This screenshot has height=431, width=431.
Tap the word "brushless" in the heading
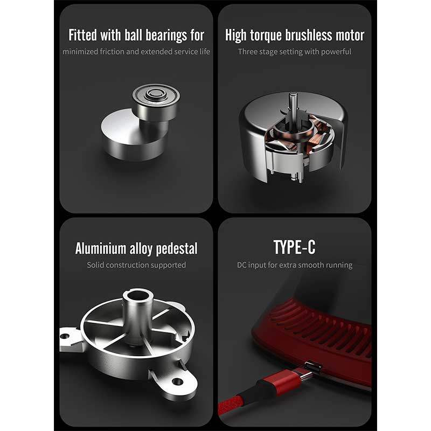point(308,35)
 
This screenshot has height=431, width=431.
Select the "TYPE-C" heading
point(294,247)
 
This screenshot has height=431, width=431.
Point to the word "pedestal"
point(177,249)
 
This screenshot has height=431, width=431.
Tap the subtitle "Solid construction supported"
point(136,265)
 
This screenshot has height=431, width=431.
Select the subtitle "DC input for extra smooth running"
point(295,265)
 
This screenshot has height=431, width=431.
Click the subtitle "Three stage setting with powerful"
point(294,52)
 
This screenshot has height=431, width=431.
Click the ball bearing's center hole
point(156,93)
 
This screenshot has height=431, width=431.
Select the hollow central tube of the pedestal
point(137,311)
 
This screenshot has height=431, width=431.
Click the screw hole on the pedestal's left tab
point(65,336)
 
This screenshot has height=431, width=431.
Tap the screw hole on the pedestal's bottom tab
point(177,381)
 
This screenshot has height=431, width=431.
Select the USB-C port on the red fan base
point(314,366)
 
